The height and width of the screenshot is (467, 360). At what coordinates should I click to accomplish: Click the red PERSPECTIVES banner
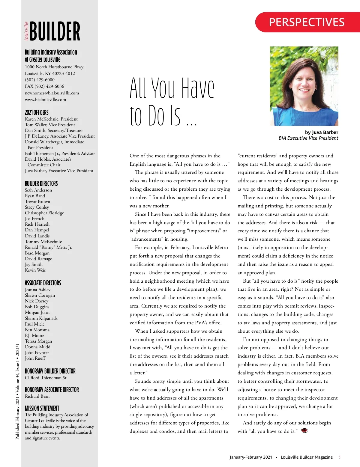point(307,22)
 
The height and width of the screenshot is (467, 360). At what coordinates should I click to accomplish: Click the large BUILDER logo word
point(55,31)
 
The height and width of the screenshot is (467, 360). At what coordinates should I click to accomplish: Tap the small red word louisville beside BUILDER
point(26,31)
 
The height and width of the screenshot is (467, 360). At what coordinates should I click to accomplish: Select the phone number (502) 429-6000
point(40,80)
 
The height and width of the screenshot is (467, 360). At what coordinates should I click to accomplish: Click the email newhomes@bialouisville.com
point(52,93)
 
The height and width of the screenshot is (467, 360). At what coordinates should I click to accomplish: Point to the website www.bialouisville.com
point(45,100)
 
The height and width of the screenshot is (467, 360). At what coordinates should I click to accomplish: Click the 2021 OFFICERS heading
point(37,112)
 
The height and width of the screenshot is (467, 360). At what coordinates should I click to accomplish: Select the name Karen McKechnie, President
point(51,119)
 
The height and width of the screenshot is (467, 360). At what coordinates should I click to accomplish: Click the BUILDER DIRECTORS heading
point(41,183)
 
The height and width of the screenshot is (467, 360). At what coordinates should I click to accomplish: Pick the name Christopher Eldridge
point(44,213)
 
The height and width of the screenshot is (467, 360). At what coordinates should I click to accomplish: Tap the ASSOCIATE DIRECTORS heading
point(43,283)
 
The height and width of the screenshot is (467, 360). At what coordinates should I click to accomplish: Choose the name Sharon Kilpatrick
point(41,318)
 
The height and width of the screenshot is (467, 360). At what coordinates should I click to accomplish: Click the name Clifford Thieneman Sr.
point(46,378)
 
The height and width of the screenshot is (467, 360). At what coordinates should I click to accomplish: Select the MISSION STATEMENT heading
point(42,408)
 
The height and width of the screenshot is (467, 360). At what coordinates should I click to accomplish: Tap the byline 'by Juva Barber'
point(321,132)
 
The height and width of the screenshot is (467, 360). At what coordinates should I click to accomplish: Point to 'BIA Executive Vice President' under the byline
point(308,138)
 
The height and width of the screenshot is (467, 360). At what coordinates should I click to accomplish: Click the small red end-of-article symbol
point(304,430)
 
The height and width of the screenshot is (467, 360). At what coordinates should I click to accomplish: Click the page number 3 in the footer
point(340,457)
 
